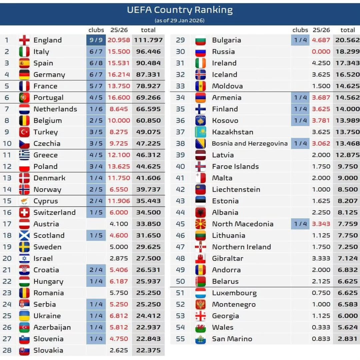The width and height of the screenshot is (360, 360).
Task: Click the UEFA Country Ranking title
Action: [x=180, y=10]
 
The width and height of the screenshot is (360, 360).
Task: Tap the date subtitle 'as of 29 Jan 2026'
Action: [x=180, y=21]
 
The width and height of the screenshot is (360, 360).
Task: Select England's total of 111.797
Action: [x=148, y=40]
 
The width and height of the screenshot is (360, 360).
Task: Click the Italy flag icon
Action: [x=24, y=52]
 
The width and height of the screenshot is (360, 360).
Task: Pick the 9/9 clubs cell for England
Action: [x=96, y=40]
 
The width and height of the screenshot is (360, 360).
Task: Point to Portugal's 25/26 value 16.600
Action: [x=119, y=98]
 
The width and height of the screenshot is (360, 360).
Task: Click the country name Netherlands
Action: [x=55, y=109]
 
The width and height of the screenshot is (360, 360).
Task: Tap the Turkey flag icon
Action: [x=24, y=132]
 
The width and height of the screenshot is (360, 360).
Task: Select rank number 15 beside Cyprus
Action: [x=7, y=201]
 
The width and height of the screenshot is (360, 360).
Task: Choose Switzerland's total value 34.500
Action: [x=148, y=213]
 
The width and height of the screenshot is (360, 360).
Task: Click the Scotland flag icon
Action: [x=24, y=236]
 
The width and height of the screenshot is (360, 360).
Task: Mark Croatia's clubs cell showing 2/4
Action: [x=96, y=270]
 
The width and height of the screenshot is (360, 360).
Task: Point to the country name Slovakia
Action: [x=48, y=350]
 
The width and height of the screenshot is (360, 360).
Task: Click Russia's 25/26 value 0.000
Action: [x=321, y=52]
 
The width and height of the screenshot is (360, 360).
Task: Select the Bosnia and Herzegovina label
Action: [x=250, y=144]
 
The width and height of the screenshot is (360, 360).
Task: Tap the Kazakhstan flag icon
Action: [x=201, y=132]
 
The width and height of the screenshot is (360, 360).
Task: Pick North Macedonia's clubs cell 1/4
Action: [x=300, y=224]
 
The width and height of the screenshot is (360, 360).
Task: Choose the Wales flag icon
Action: [x=201, y=328]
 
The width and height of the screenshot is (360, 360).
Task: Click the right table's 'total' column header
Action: [x=348, y=30]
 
